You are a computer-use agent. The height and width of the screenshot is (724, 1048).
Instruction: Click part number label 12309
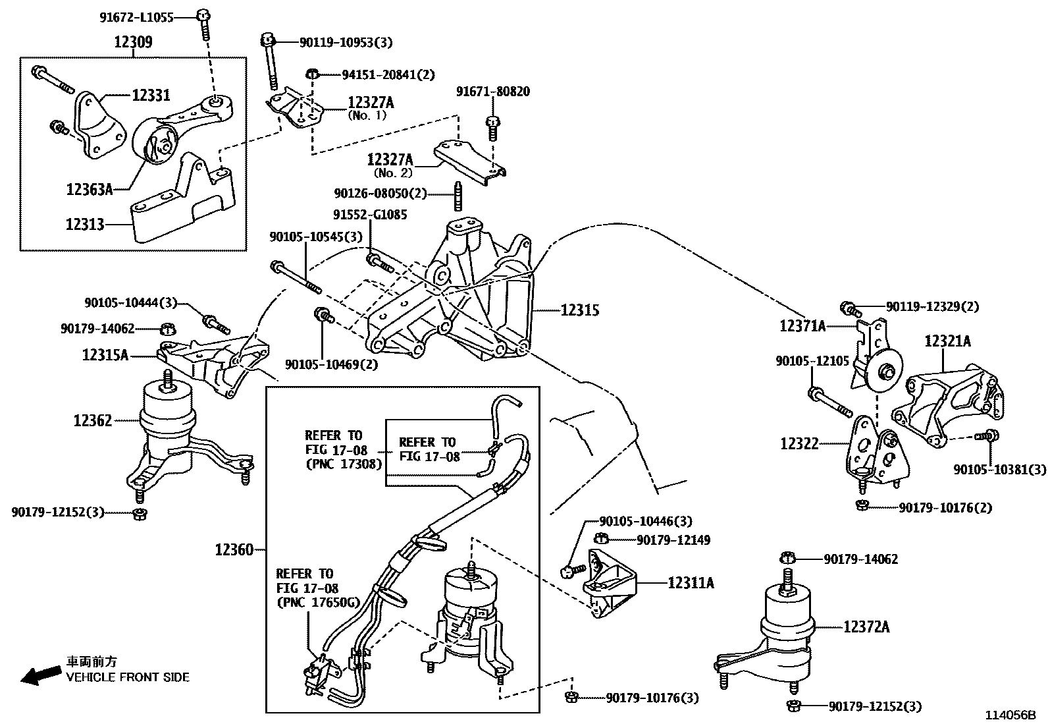pyautogui.click(x=133, y=43)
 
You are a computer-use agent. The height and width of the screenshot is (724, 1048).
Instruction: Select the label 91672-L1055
pyautogui.click(x=136, y=18)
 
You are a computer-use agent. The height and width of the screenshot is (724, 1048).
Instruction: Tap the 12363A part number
pyautogui.click(x=90, y=190)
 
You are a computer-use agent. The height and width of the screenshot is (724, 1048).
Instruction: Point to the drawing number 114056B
pyautogui.click(x=1010, y=715)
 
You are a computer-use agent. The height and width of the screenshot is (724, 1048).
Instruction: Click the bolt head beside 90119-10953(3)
pyautogui.click(x=267, y=41)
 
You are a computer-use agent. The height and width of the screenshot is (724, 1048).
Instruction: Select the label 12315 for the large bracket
pyautogui.click(x=580, y=310)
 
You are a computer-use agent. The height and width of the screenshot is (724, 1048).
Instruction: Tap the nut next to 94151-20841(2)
pyautogui.click(x=314, y=74)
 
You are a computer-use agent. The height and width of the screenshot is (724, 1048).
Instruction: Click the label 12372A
pyautogui.click(x=867, y=628)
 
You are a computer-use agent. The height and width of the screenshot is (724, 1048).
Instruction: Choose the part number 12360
pyautogui.click(x=234, y=549)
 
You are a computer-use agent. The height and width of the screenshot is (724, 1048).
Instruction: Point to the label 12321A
pyautogui.click(x=947, y=341)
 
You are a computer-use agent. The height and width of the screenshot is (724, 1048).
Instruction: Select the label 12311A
pyautogui.click(x=691, y=583)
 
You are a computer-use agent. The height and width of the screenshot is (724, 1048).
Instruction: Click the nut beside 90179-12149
pyautogui.click(x=600, y=540)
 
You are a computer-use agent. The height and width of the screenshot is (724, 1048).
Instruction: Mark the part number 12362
pyautogui.click(x=93, y=420)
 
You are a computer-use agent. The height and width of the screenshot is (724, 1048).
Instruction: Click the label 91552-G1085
pyautogui.click(x=369, y=215)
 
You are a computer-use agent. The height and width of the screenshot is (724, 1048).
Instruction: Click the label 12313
pyautogui.click(x=85, y=225)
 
